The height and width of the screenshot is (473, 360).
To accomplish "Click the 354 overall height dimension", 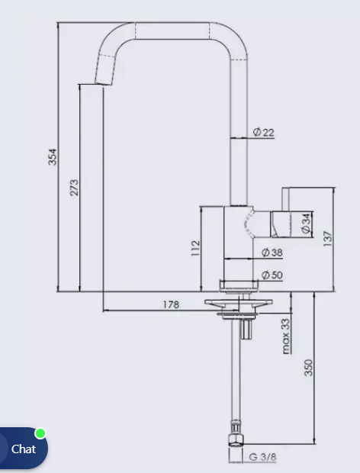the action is (x=52, y=156).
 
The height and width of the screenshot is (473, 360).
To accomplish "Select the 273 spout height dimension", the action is (x=74, y=188).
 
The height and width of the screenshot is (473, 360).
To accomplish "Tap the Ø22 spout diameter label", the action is (x=264, y=132).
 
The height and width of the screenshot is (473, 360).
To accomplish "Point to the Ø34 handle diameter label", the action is (x=306, y=224).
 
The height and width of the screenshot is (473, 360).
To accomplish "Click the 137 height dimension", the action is (x=327, y=239).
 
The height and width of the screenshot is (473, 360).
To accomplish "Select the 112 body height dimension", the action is (x=195, y=248).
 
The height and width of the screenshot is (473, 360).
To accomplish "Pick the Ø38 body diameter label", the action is (x=272, y=253).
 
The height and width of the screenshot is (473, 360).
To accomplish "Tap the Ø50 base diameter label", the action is (x=272, y=275).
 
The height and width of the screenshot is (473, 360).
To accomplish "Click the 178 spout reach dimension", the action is (x=172, y=304).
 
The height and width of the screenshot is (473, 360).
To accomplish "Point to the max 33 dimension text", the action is (x=286, y=336).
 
